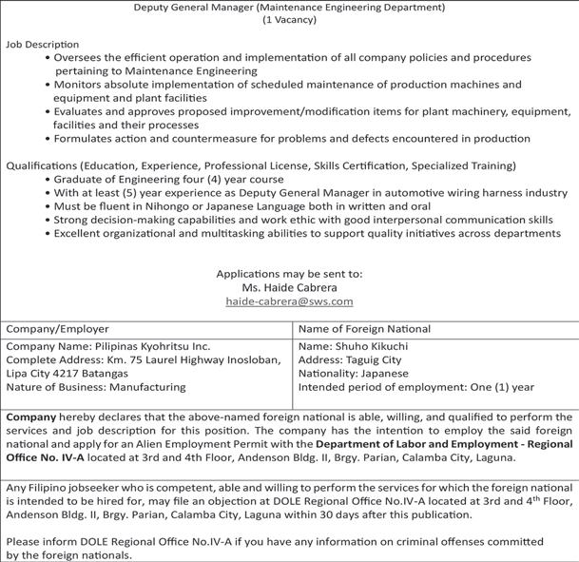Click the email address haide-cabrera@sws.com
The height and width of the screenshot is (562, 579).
(x=289, y=301)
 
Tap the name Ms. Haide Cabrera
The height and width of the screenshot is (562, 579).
(x=289, y=287)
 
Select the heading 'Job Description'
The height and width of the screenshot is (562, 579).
(x=43, y=45)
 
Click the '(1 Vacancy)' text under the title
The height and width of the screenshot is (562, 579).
(x=289, y=21)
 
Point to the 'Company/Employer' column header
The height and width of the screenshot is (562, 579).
(x=58, y=329)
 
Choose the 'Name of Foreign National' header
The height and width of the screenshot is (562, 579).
(x=364, y=329)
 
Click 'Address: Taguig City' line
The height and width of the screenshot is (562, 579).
(x=350, y=360)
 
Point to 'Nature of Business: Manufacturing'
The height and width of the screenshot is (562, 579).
(x=96, y=388)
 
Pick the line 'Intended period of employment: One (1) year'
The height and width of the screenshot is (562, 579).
(x=416, y=388)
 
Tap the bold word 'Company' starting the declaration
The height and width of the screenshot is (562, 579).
(x=31, y=417)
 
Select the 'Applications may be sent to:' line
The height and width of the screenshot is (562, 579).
(x=289, y=274)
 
